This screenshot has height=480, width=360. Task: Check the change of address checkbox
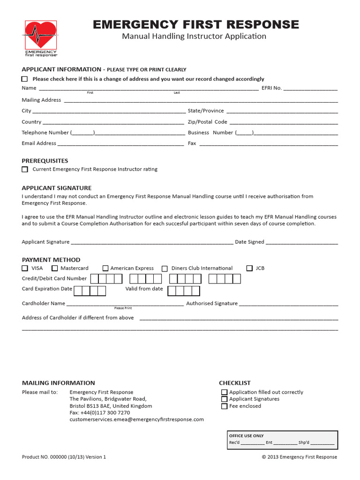tap(25, 79)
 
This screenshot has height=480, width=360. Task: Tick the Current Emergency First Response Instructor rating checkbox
tap(25, 169)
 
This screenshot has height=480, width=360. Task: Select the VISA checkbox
tap(25, 268)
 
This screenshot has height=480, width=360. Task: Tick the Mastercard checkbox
tap(55, 268)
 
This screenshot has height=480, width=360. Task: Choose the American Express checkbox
tap(105, 269)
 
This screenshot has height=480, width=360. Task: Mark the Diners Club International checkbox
tap(165, 269)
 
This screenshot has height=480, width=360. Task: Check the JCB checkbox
tap(249, 268)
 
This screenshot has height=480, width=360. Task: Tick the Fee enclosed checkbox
tap(224, 406)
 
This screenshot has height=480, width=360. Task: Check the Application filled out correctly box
tap(224, 392)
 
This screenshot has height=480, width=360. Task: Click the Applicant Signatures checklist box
tap(224, 399)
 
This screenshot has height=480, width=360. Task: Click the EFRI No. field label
tap(271, 88)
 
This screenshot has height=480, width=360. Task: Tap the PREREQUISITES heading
tap(45, 161)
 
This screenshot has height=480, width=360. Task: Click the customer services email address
tap(136, 420)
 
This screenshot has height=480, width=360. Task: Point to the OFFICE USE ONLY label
tap(246, 436)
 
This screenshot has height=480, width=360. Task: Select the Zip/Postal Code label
tap(207, 122)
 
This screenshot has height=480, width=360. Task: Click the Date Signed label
tap(249, 242)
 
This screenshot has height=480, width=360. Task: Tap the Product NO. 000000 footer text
tap(64, 457)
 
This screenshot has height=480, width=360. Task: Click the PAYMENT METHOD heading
tap(51, 260)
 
